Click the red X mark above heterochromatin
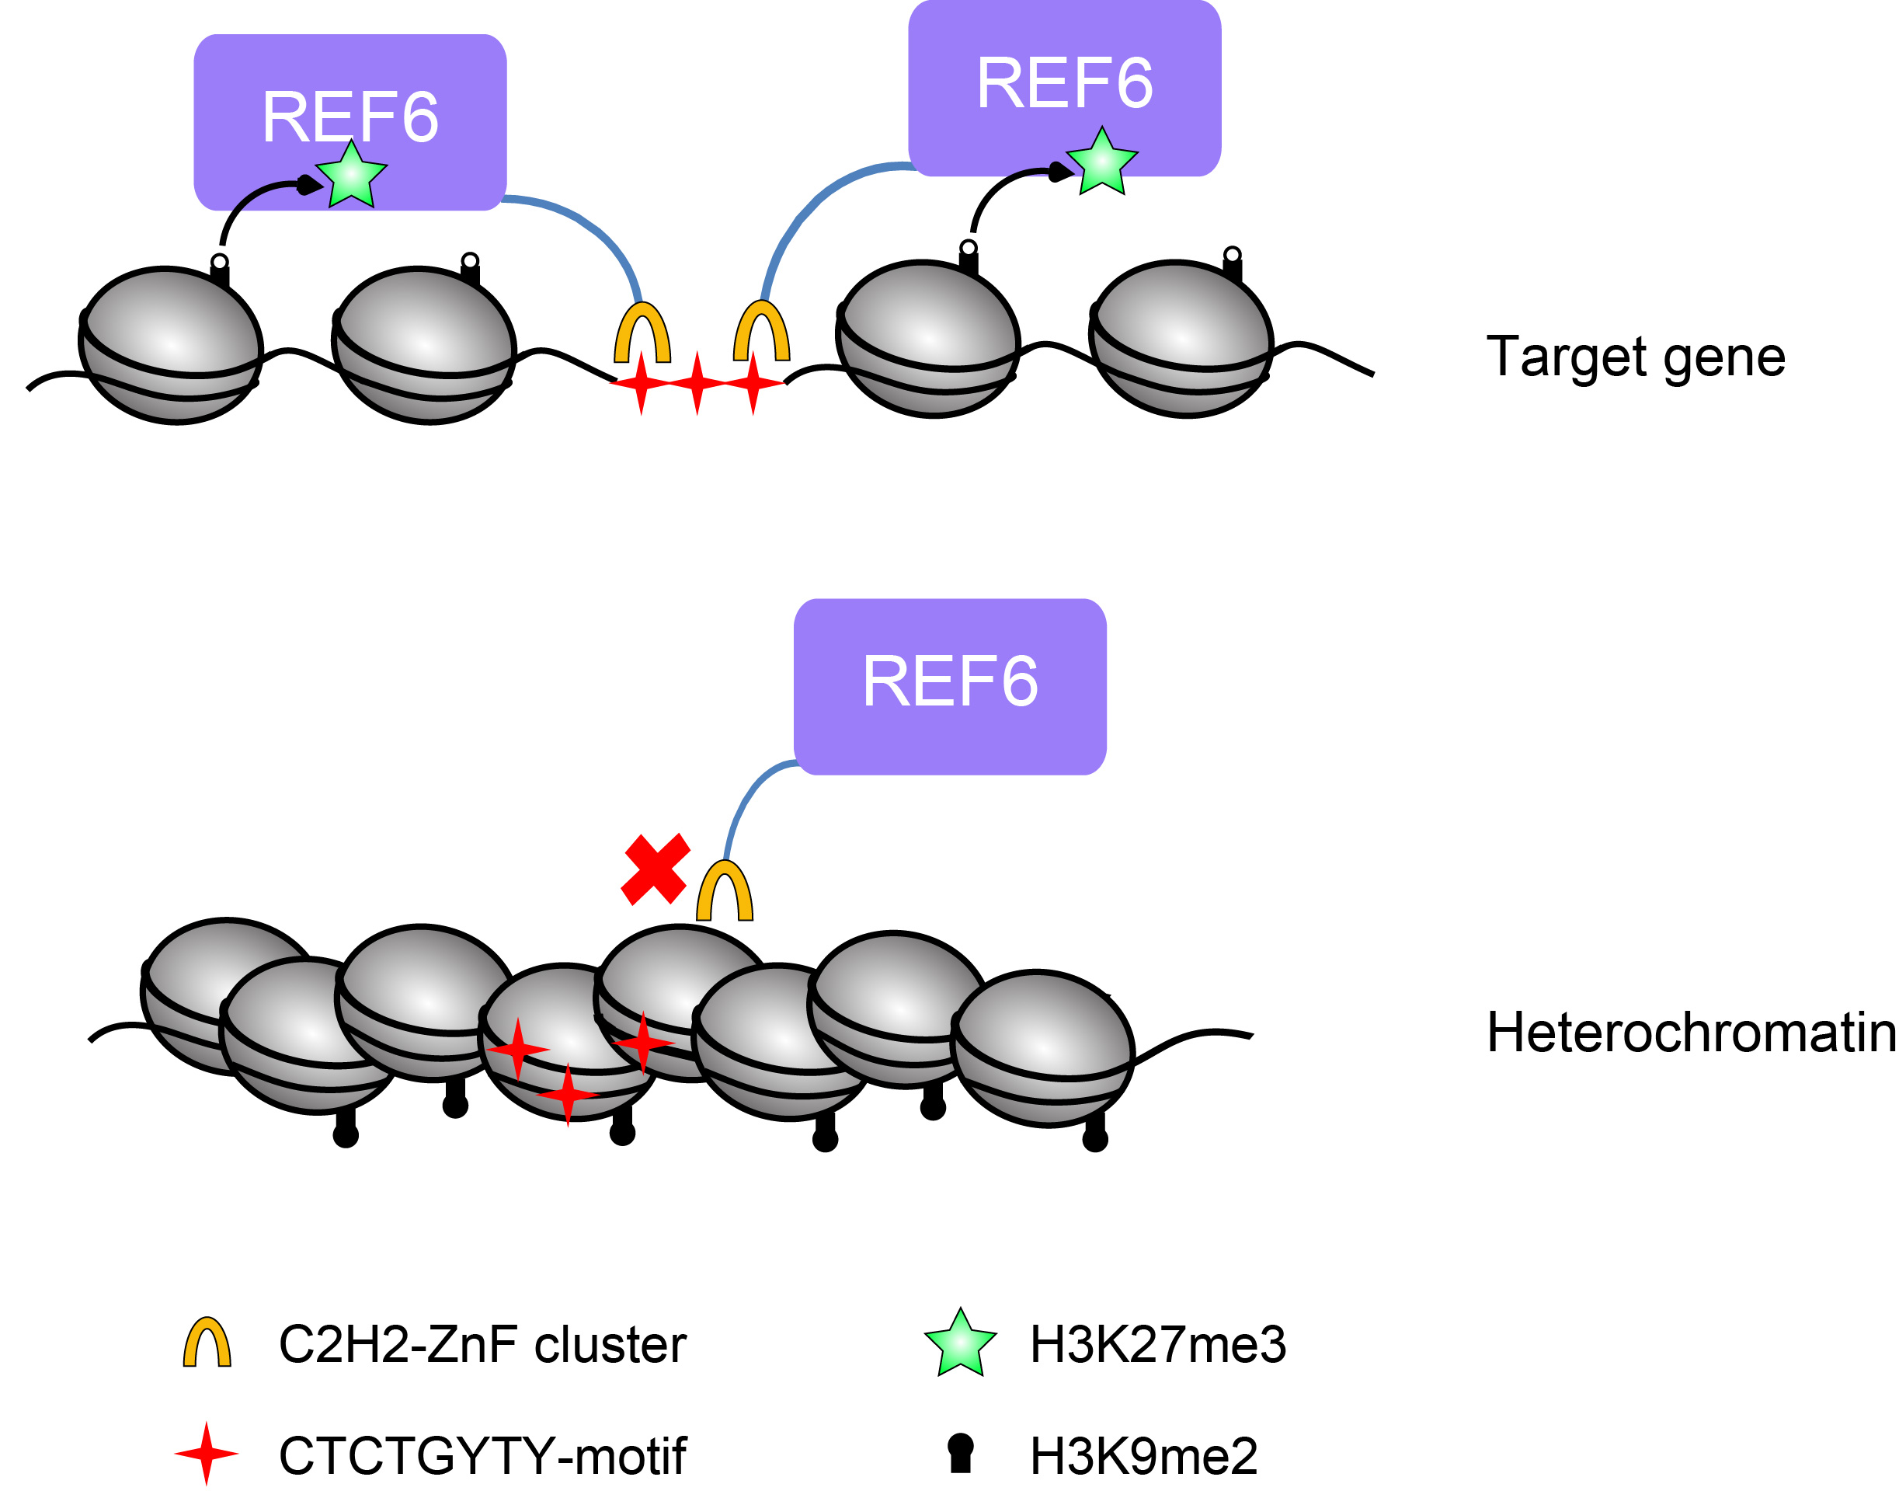pyautogui.click(x=655, y=869)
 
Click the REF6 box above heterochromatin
pyautogui.click(x=949, y=686)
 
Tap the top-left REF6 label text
pyautogui.click(x=350, y=118)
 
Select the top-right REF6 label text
pyautogui.click(x=1064, y=84)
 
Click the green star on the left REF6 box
pyautogui.click(x=351, y=176)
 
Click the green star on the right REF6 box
pyautogui.click(x=1101, y=162)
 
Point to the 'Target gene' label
pyautogui.click(x=1635, y=357)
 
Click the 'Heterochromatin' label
pyautogui.click(x=1690, y=1033)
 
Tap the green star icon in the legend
pyautogui.click(x=960, y=1343)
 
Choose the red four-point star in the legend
pyautogui.click(x=206, y=1454)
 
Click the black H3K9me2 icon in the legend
pyautogui.click(x=960, y=1454)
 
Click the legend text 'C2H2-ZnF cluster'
pyautogui.click(x=482, y=1344)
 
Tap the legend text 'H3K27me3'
pyautogui.click(x=1157, y=1344)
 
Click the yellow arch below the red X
pyautogui.click(x=725, y=892)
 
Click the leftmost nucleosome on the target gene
pyautogui.click(x=171, y=346)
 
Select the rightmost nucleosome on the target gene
pyautogui.click(x=1180, y=340)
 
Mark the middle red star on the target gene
pyautogui.click(x=697, y=383)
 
